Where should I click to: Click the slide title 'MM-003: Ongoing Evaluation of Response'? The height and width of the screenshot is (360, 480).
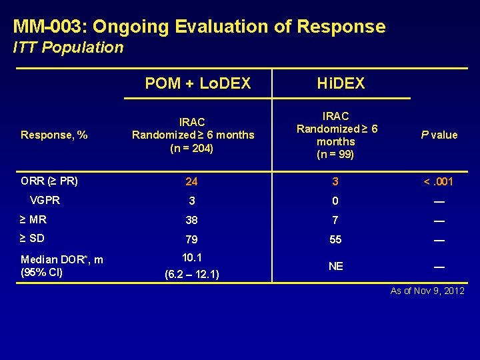click(199, 27)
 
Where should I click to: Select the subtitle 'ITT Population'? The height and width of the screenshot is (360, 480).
click(69, 47)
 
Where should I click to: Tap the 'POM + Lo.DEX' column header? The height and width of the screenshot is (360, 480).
click(198, 83)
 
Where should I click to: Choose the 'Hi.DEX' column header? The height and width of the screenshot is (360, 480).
click(341, 83)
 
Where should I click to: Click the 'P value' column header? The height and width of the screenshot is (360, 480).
click(439, 135)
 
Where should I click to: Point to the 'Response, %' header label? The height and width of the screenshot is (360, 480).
click(54, 135)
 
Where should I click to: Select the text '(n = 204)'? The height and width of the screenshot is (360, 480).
click(193, 148)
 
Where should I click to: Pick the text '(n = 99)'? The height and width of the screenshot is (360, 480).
click(336, 155)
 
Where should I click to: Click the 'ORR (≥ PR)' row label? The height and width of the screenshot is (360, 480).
click(49, 181)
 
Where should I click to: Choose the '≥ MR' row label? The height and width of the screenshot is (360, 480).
click(33, 219)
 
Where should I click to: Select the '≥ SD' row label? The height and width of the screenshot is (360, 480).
click(33, 238)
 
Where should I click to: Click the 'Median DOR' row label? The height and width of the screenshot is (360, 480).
click(62, 259)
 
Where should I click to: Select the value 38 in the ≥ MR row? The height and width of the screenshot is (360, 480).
click(192, 220)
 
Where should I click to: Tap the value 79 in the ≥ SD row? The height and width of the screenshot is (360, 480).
click(192, 239)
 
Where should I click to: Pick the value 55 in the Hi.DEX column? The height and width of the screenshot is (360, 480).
click(336, 239)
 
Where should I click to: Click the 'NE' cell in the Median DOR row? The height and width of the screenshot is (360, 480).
click(336, 266)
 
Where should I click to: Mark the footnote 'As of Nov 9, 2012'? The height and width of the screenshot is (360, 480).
click(428, 291)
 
